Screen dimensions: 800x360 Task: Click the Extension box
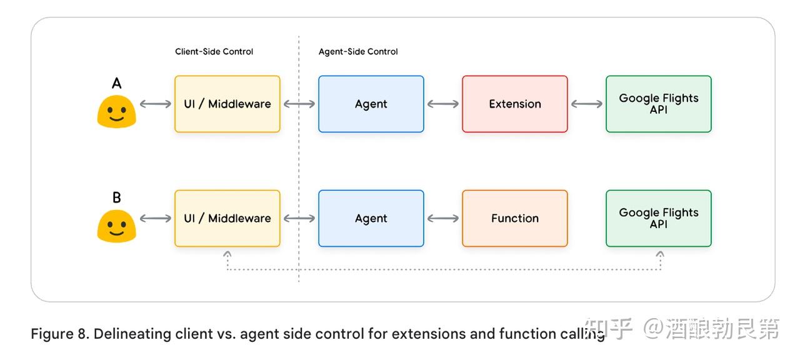(x=514, y=104)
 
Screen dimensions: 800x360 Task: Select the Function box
(x=514, y=218)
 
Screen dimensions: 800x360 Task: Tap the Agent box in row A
(x=371, y=104)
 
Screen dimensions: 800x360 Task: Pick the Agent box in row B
(x=371, y=218)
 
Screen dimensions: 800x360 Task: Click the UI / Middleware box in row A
(x=227, y=104)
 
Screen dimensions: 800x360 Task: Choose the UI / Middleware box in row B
(x=227, y=218)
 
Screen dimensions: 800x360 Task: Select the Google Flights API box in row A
(x=659, y=104)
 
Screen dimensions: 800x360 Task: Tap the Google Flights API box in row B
(x=659, y=218)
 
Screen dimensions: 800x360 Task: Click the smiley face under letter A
(x=116, y=111)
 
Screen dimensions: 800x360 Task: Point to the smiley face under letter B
(x=116, y=226)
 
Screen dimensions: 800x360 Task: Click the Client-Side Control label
(x=214, y=51)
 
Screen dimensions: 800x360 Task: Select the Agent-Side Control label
(x=358, y=52)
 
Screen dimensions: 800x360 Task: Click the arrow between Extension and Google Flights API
(x=587, y=104)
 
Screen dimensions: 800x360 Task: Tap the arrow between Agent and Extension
(x=443, y=104)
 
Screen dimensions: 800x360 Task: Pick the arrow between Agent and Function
(x=443, y=218)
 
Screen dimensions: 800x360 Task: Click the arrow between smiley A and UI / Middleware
(x=156, y=104)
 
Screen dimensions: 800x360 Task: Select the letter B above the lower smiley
(x=117, y=197)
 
